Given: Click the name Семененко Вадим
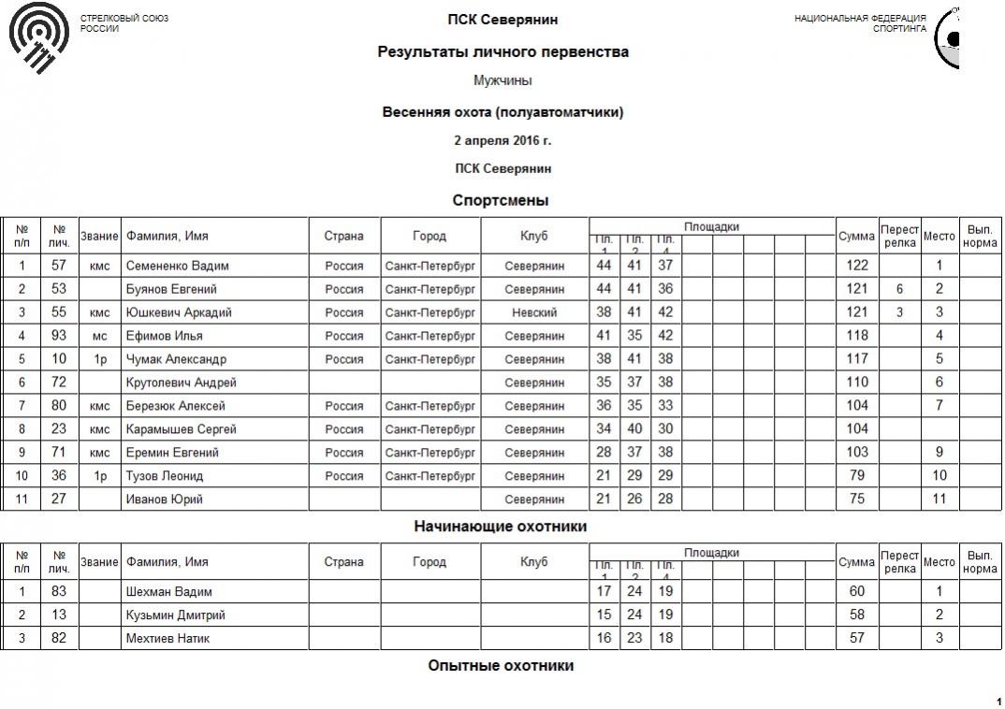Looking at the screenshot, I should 177,266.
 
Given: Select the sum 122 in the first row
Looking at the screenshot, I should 857,266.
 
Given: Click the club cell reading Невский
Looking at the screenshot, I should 534,312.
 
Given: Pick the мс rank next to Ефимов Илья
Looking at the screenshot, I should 99,336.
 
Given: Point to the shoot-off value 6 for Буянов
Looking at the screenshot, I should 899,289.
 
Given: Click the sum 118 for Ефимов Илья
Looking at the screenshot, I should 857,336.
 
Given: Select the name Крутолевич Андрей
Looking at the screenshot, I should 181,383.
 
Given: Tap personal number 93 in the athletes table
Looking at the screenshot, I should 59,336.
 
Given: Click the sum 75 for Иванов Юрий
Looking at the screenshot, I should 857,499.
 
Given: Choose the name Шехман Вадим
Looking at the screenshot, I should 168,592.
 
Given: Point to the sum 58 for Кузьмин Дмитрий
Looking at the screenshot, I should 857,615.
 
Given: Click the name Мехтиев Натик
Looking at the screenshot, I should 167,639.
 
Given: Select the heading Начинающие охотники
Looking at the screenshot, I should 501,527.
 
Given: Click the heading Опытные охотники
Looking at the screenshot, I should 501,666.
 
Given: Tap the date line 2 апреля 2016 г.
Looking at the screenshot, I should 502,141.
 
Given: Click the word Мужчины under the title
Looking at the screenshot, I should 502,81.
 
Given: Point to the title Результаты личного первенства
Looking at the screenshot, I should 502,52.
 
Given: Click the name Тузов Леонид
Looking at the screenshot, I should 164,476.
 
